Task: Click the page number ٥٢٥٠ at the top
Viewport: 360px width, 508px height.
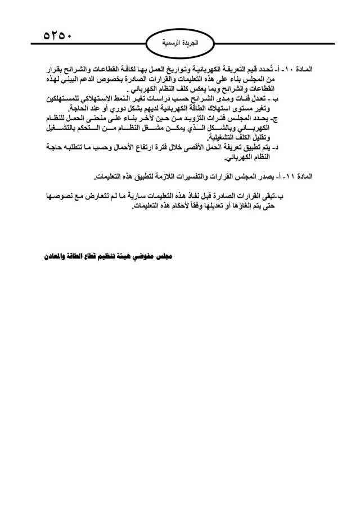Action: pyautogui.click(x=58, y=34)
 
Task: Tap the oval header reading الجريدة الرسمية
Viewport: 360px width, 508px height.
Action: pyautogui.click(x=179, y=43)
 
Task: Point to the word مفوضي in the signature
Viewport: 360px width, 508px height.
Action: pyautogui.click(x=148, y=255)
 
